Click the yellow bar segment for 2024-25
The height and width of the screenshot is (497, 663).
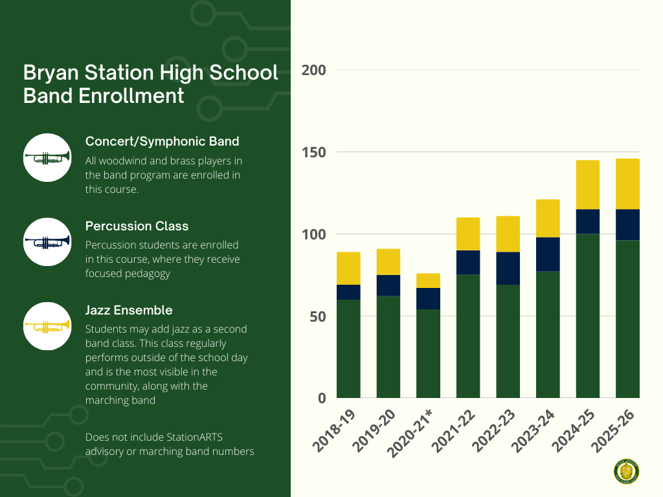click(x=587, y=184)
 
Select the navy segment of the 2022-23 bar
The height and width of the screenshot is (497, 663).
click(x=508, y=268)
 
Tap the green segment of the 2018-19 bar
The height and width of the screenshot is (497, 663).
click(x=348, y=348)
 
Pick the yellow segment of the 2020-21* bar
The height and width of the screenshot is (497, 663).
click(x=428, y=280)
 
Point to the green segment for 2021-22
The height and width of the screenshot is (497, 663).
click(x=468, y=336)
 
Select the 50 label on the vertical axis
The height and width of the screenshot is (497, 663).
click(x=317, y=316)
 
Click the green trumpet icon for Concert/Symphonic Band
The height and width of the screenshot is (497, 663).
click(x=47, y=157)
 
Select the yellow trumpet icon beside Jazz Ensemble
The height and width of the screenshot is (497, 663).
click(x=47, y=326)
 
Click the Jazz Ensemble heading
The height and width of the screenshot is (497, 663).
click(x=128, y=310)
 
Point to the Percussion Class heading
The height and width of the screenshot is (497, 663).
click(x=137, y=226)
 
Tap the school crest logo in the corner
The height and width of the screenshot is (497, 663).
click(x=626, y=472)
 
